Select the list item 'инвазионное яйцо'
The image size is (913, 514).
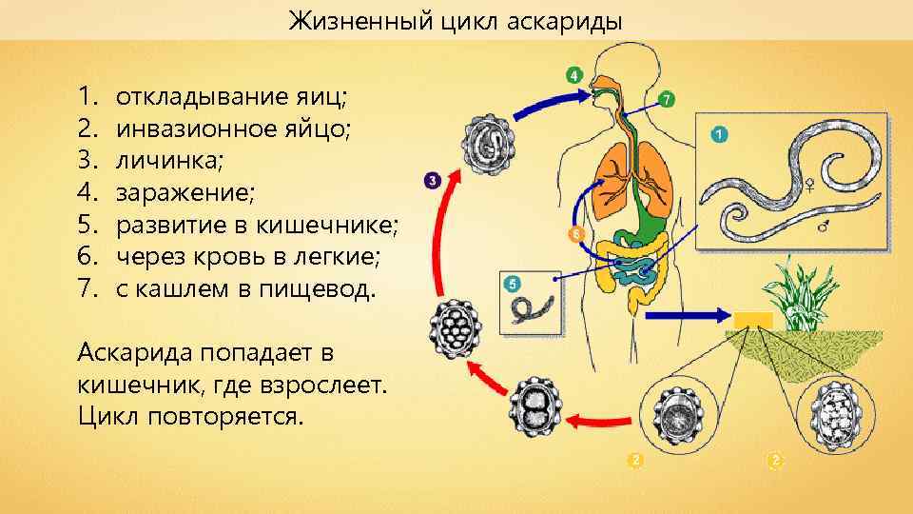pyautogui.click(x=232, y=128)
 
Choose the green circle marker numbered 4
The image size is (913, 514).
pyautogui.click(x=573, y=74)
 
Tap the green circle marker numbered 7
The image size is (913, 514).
pyautogui.click(x=667, y=99)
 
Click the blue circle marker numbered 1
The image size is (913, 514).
pyautogui.click(x=719, y=135)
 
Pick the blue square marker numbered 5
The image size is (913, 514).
pyautogui.click(x=514, y=284)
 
